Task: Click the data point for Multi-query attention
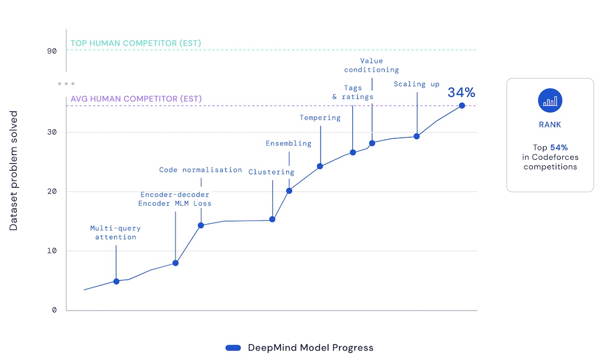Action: click(116, 281)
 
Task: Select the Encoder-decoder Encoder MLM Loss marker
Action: click(176, 263)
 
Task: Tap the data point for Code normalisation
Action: click(201, 225)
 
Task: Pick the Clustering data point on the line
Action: click(272, 219)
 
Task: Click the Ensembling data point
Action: click(289, 191)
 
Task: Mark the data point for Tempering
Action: click(320, 166)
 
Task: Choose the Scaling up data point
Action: click(417, 136)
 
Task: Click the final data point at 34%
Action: click(462, 105)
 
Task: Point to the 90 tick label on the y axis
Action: click(52, 51)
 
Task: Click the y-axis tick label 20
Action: click(52, 192)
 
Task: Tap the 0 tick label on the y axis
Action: click(54, 310)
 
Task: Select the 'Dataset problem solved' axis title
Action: click(14, 171)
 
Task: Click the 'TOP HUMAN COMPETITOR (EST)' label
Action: click(136, 43)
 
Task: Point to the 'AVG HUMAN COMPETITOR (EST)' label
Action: click(136, 99)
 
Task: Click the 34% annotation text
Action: click(461, 92)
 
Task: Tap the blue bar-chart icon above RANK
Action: click(550, 101)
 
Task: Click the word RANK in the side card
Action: click(550, 125)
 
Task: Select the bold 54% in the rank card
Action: click(559, 148)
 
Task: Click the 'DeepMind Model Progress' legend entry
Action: click(310, 348)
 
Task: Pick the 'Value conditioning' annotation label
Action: click(372, 65)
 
